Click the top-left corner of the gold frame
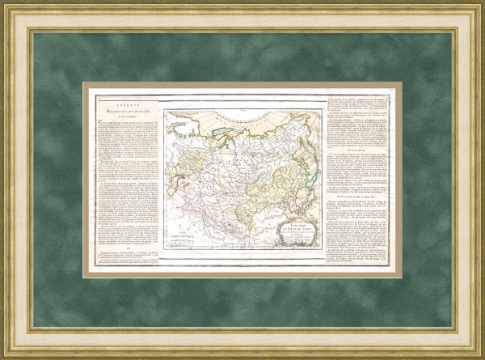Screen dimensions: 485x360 coord(4,4)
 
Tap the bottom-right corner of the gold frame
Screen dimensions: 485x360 coord(481,356)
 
